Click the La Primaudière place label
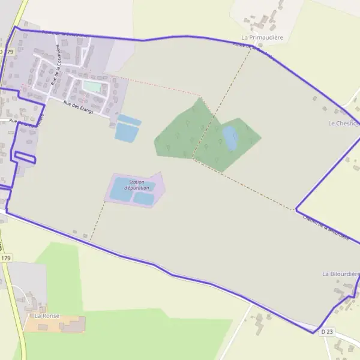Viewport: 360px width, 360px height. coord(262,37)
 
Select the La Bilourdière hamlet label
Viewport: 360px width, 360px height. coord(341,274)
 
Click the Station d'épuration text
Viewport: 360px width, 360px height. coord(136,185)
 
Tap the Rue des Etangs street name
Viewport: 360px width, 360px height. coord(79,104)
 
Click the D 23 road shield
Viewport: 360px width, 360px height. coord(326,331)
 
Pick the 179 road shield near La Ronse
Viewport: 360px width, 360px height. coord(6,257)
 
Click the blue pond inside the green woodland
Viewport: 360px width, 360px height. coord(230,138)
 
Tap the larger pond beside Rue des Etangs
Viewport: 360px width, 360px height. coord(127,133)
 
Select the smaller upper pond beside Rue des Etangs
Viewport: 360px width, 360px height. coord(130,120)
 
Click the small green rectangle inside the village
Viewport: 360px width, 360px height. coord(92,87)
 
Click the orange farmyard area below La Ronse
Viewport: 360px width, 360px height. coord(54,324)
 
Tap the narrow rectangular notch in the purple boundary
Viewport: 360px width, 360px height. coord(25,157)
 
